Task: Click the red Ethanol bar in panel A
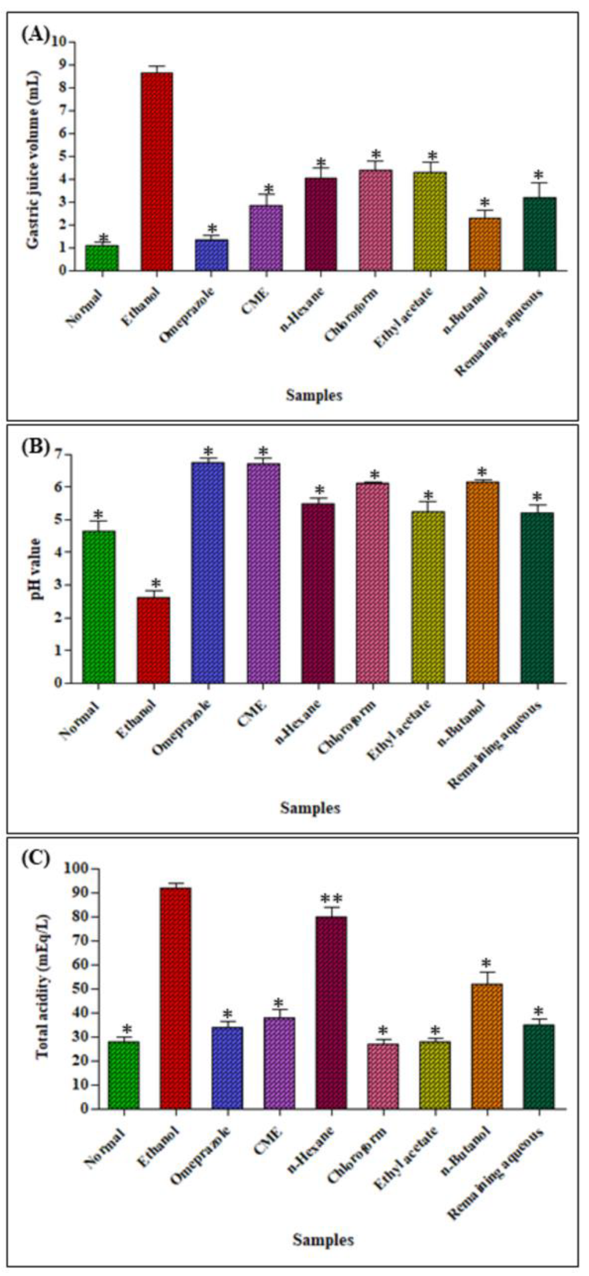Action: tap(157, 171)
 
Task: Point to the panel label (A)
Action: tap(35, 36)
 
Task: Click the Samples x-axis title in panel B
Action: tap(310, 807)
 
